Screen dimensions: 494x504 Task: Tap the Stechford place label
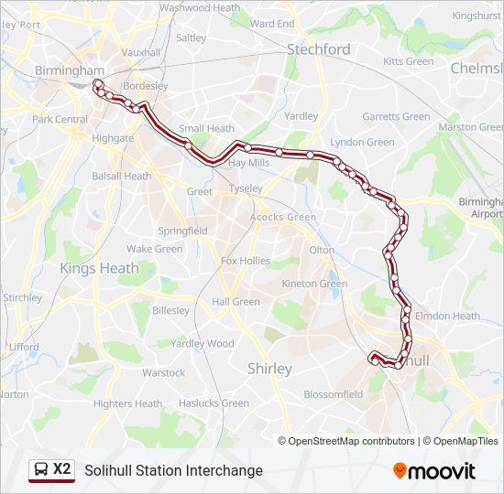pos(319,49)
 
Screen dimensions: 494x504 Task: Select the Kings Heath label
pos(99,268)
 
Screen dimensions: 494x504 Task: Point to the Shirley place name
pos(269,369)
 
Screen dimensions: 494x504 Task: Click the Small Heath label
pos(206,129)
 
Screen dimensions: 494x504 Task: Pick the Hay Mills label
pos(247,162)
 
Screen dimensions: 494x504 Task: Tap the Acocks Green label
pos(283,218)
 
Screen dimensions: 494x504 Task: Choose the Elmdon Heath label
pos(447,317)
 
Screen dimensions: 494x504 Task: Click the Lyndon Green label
pos(362,143)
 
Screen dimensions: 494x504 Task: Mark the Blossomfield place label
pos(334,394)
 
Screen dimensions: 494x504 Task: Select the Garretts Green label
pos(396,117)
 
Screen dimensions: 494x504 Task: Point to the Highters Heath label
pos(126,403)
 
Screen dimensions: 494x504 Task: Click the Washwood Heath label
pos(200,7)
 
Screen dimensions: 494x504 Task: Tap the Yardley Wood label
pos(203,344)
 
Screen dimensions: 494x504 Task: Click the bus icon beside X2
pos(41,470)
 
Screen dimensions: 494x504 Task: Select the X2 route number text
pos(62,469)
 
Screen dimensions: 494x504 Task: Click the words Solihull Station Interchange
pos(173,470)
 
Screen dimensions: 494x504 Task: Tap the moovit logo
pos(434,471)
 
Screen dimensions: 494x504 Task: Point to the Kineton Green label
pos(314,285)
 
